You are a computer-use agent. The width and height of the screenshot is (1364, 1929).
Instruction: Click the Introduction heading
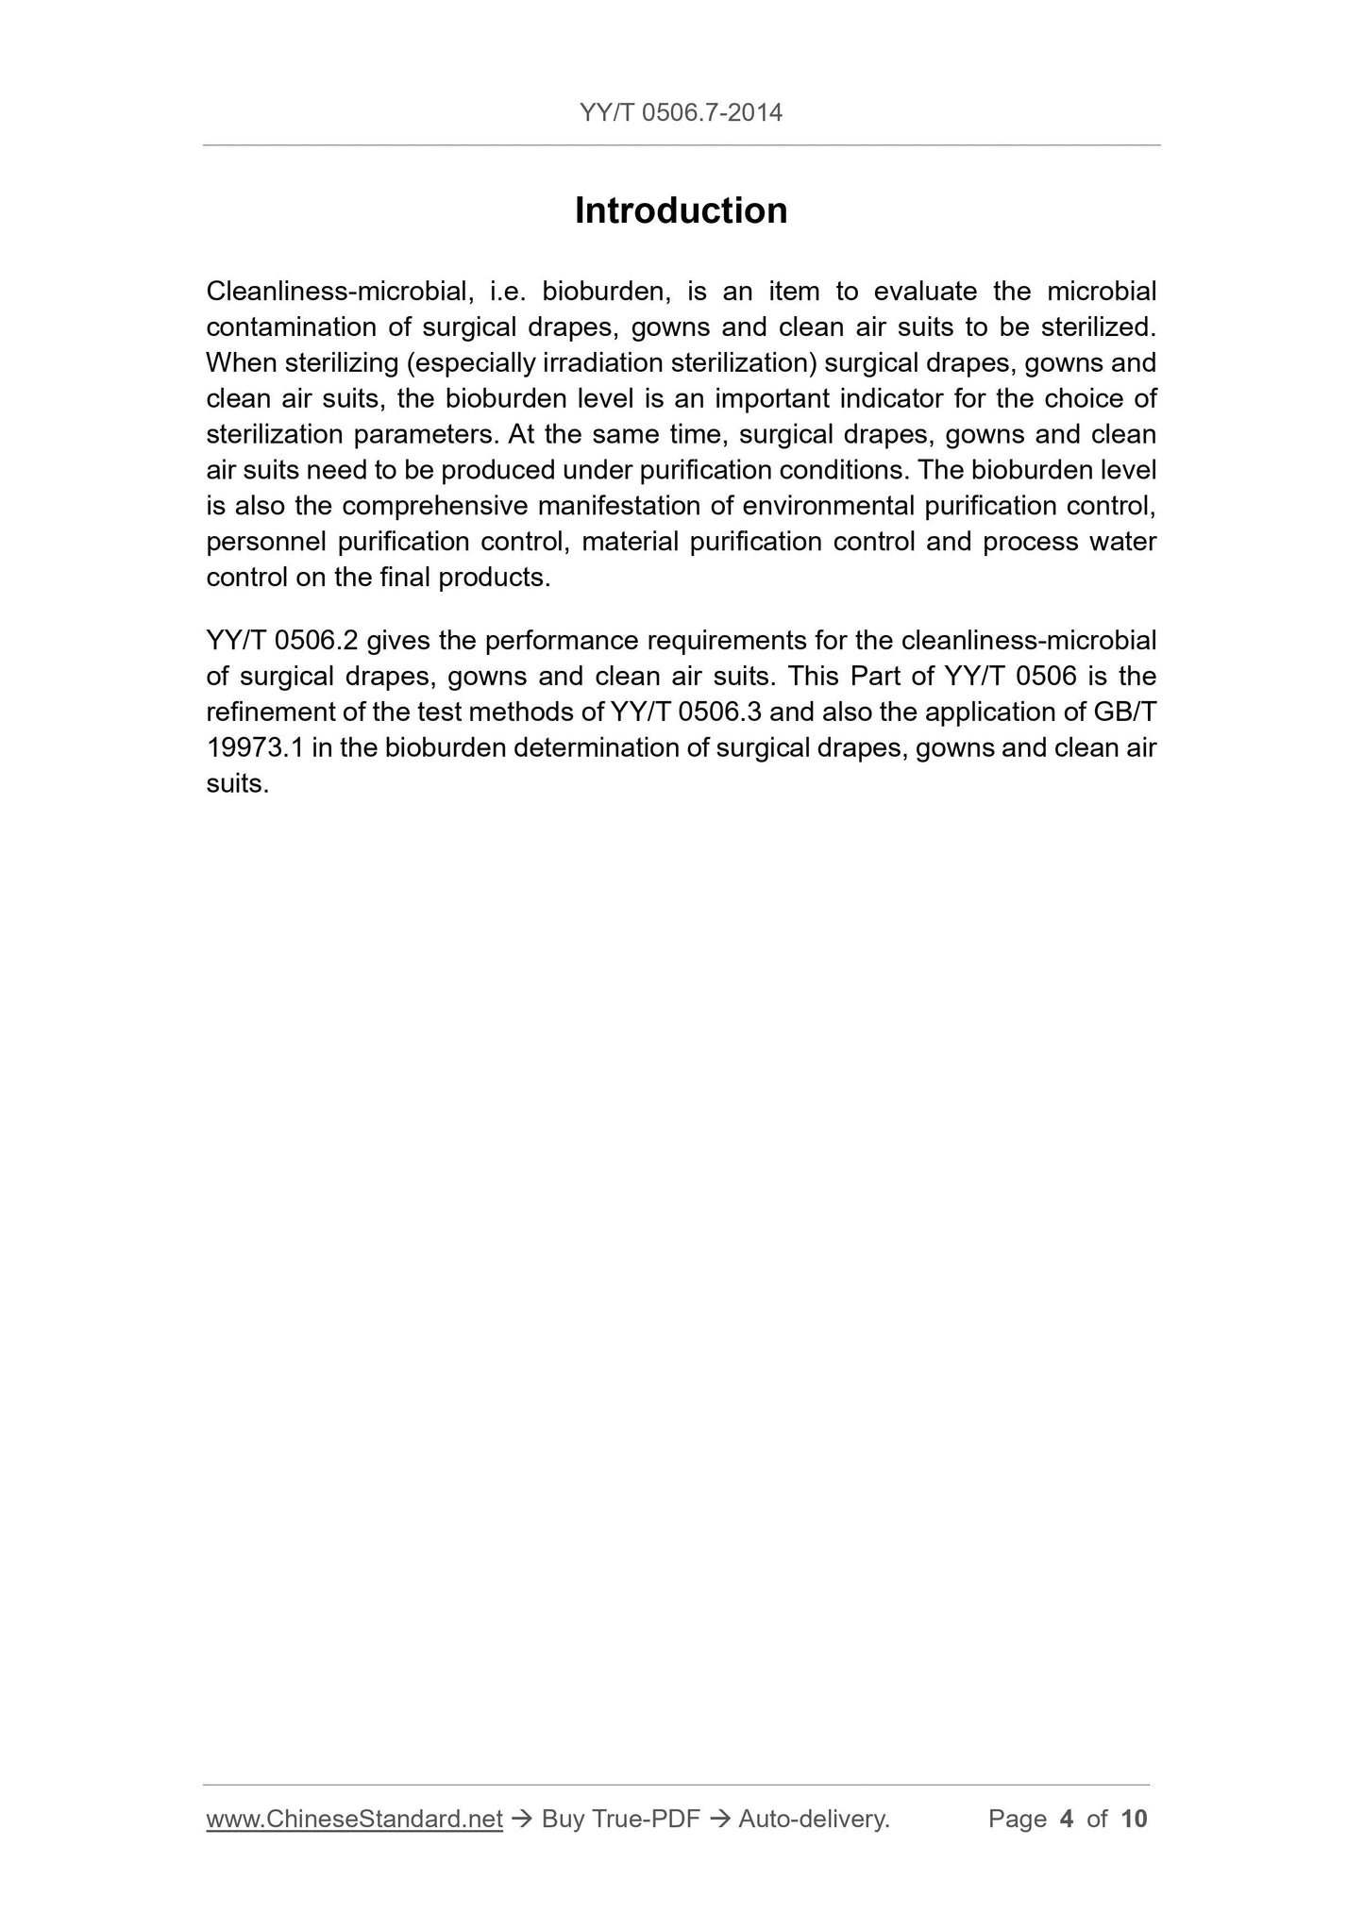pos(681,210)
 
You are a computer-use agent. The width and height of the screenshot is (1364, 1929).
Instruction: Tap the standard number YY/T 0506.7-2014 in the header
pos(681,113)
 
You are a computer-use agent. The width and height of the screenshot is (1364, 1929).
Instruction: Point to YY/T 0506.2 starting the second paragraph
pos(281,642)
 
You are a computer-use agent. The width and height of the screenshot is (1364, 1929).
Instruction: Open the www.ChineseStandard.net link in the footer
pos(354,1819)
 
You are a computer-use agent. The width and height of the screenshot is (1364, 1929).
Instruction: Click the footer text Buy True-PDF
pos(620,1819)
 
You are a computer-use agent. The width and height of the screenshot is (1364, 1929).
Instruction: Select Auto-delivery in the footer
pos(814,1819)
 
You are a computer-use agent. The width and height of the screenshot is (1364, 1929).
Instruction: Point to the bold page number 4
pos(1067,1819)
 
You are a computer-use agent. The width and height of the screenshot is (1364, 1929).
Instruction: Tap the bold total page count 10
pos(1134,1819)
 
